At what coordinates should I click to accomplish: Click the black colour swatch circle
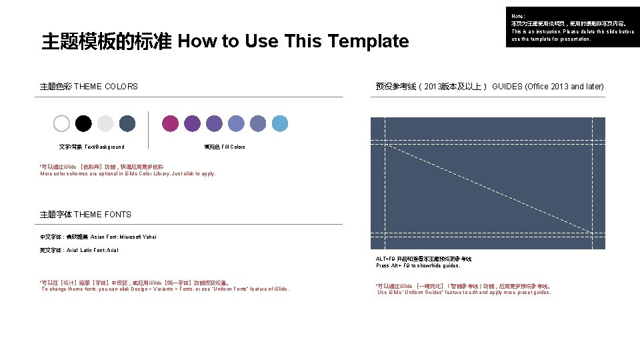tap(83, 123)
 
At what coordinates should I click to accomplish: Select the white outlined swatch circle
tap(61, 123)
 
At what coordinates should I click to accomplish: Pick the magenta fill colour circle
tap(171, 123)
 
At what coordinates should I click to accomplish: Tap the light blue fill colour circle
tap(279, 123)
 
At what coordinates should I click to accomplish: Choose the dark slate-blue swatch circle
tap(127, 123)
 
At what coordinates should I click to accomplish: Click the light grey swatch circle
tap(105, 123)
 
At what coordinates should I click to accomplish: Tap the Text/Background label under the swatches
tap(91, 147)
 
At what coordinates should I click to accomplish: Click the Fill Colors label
tap(224, 147)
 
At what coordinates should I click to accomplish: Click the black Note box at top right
tap(573, 27)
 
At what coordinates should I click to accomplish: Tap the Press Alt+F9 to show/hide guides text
tap(418, 265)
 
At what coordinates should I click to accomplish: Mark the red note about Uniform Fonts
tap(165, 285)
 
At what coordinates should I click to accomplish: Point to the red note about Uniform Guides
tap(463, 289)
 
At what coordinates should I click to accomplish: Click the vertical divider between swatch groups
tap(148, 129)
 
